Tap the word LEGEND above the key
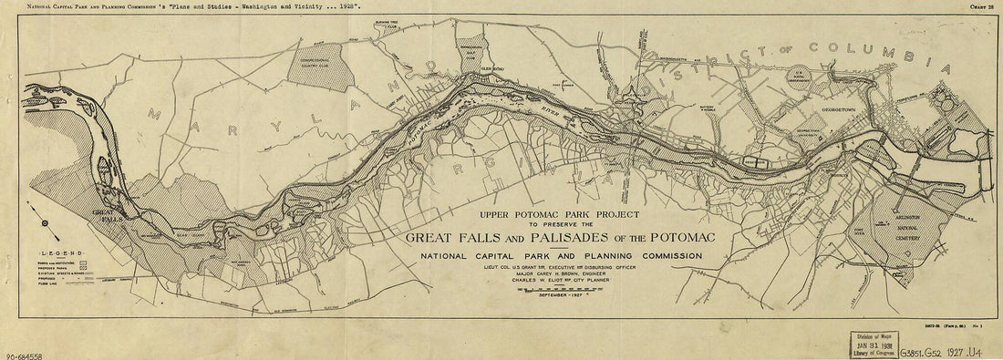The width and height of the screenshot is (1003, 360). [x=60, y=251]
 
